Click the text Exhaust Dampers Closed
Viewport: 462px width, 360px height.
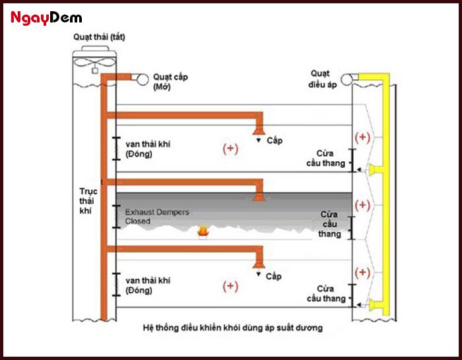pos(157,217)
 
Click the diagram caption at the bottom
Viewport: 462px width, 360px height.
pos(232,328)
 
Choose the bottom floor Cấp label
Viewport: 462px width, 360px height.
pos(274,276)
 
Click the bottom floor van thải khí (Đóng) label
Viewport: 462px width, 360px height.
pos(147,285)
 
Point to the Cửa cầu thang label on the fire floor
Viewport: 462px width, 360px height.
pos(330,224)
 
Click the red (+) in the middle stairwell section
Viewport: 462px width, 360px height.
pos(362,205)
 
